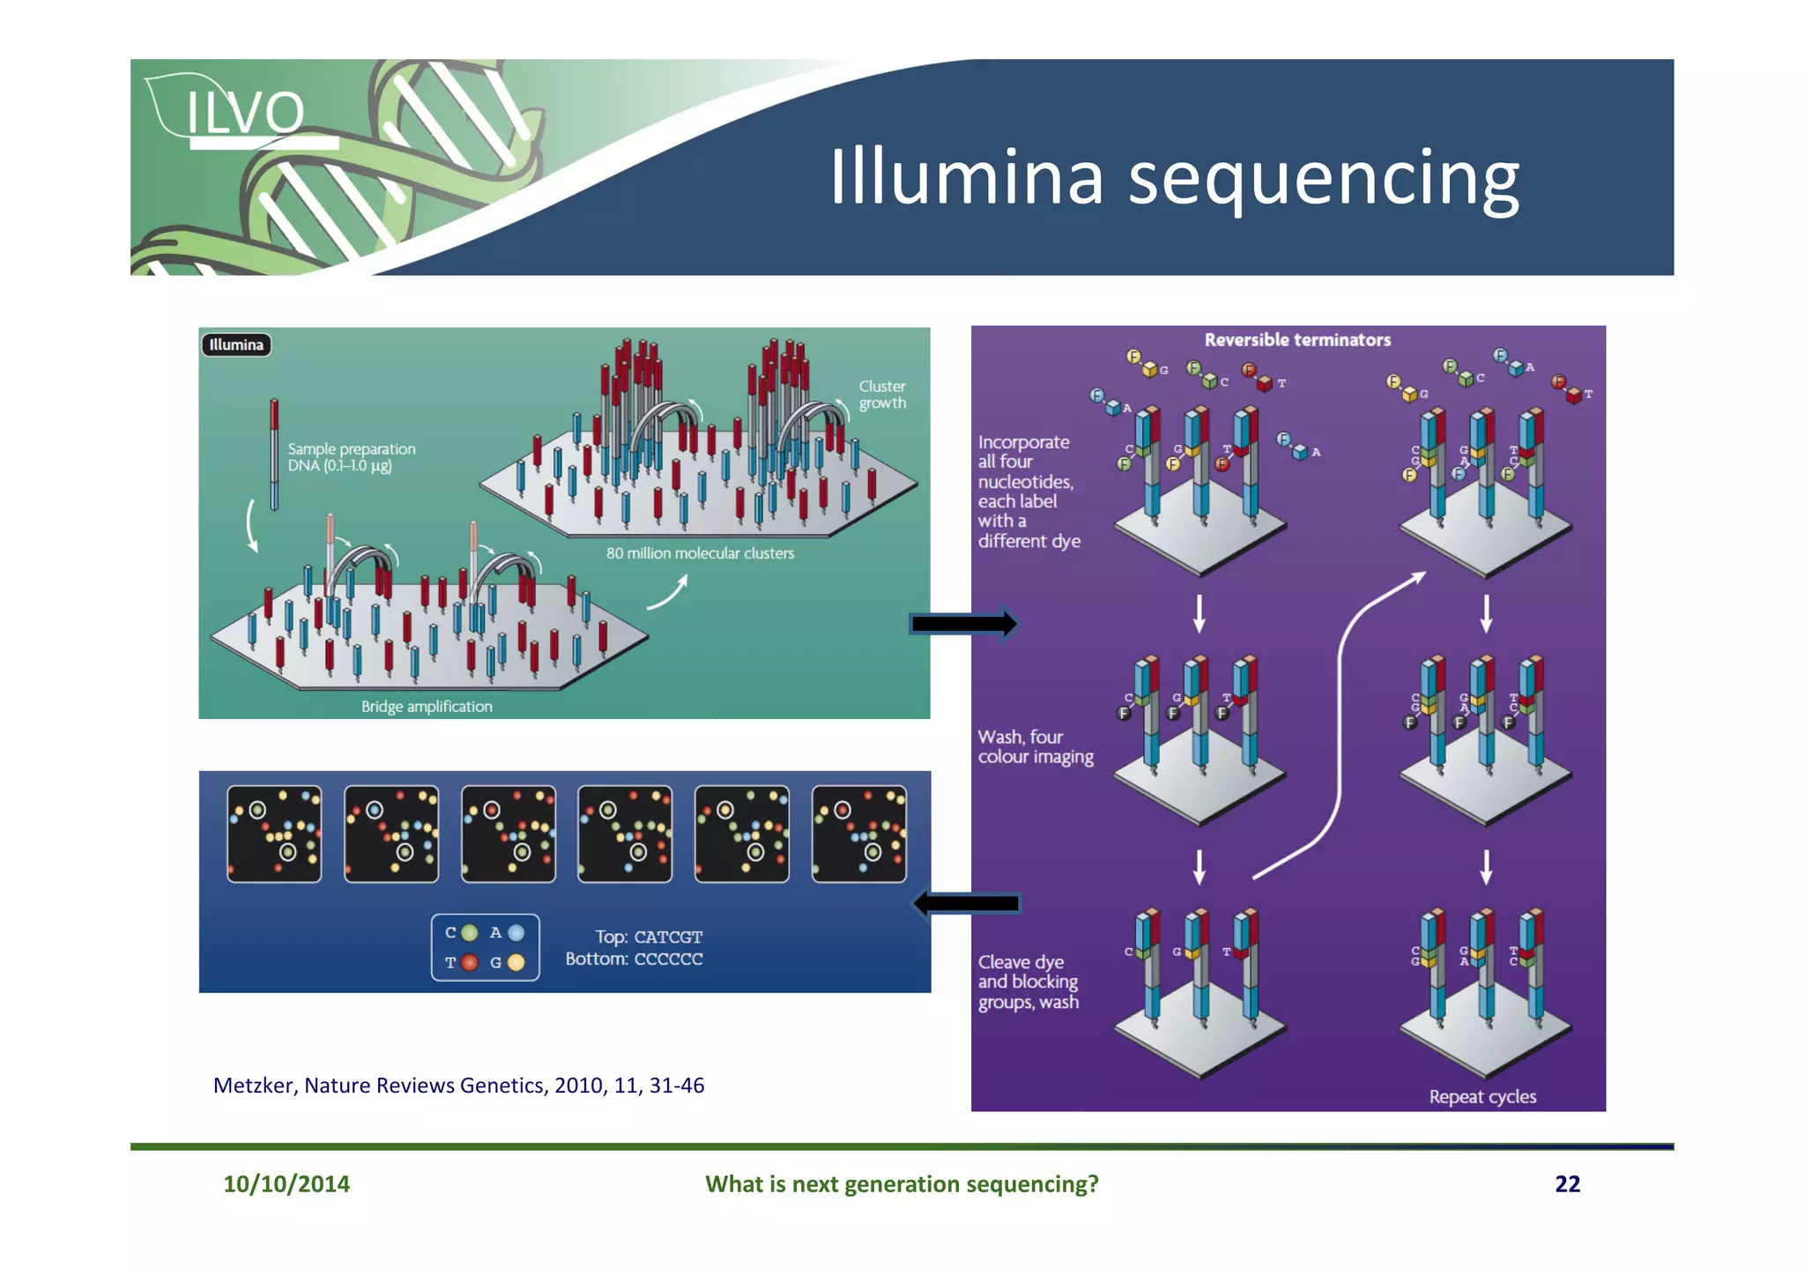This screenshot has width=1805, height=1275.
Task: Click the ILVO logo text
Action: (x=245, y=113)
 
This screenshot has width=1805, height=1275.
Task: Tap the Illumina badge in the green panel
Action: (x=236, y=345)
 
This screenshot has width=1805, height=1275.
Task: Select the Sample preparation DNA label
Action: (x=351, y=457)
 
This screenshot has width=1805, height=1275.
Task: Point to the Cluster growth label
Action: (x=881, y=395)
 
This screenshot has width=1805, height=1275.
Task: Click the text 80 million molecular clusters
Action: (x=700, y=553)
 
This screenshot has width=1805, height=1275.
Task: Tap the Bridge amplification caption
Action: (x=427, y=707)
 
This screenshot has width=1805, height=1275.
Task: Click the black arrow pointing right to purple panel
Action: (x=963, y=624)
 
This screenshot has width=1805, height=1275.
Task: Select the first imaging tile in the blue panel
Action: (x=274, y=834)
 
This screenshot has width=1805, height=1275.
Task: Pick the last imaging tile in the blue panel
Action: (x=858, y=834)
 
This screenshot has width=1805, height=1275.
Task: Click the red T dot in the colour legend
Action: (x=470, y=962)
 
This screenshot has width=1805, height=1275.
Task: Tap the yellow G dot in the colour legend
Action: (x=516, y=962)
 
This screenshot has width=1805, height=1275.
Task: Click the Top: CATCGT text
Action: (x=649, y=937)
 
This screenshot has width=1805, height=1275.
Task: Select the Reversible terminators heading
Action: (x=1297, y=340)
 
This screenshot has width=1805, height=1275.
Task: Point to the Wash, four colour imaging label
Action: (x=1035, y=746)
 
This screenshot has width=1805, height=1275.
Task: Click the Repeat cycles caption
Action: (x=1482, y=1097)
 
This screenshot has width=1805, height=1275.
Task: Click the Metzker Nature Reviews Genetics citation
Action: (x=458, y=1086)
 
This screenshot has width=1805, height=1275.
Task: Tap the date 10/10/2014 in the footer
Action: (x=286, y=1183)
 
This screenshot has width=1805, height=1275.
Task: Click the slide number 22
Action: (x=1567, y=1183)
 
